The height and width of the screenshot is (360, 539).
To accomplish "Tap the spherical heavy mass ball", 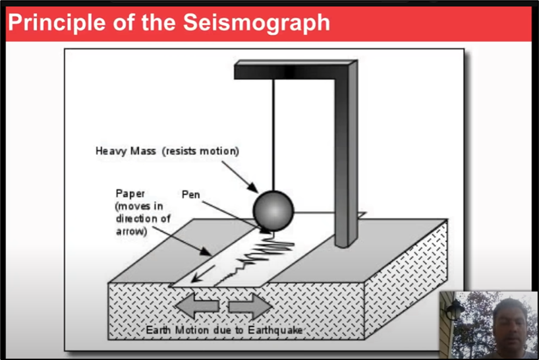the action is pos(273,208).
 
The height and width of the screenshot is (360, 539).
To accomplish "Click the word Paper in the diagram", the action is pos(130,194).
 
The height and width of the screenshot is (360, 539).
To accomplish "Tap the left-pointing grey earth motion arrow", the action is pos(194,306).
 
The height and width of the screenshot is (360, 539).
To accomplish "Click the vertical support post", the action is pos(345,158).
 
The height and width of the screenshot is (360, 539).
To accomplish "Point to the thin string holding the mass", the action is pos(273,132).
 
